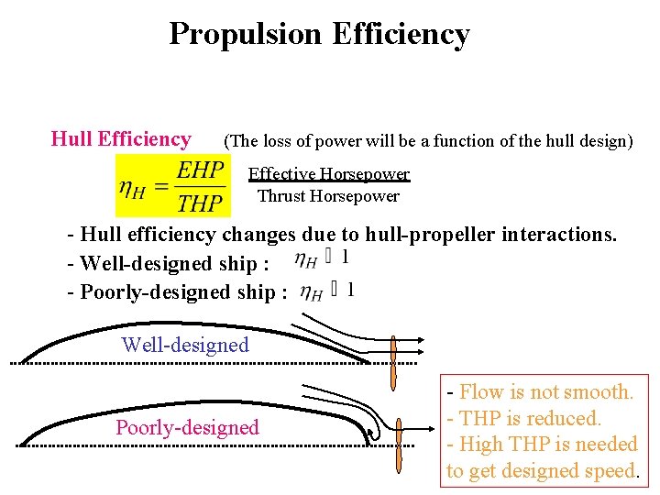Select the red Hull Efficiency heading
[x=121, y=139]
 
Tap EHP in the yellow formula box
[x=201, y=170]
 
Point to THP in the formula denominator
[x=201, y=202]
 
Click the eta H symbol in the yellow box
[x=132, y=186]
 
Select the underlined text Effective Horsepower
[x=328, y=174]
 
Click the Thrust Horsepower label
[x=328, y=195]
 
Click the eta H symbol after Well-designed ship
[x=306, y=260]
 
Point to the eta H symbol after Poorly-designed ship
[x=312, y=291]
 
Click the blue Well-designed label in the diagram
[x=185, y=345]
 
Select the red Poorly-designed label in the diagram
[x=187, y=427]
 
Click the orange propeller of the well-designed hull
[x=393, y=361]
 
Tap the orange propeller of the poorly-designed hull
[x=400, y=445]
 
